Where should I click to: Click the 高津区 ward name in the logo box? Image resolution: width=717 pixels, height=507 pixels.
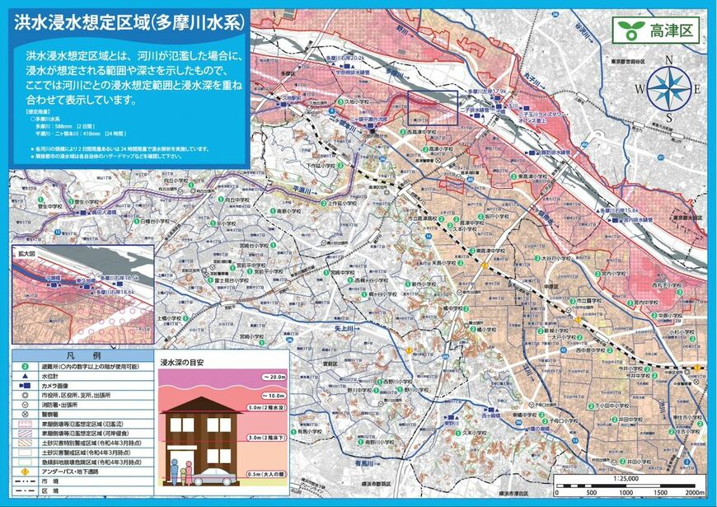672,31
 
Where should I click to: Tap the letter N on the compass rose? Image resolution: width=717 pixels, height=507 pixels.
669,59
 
